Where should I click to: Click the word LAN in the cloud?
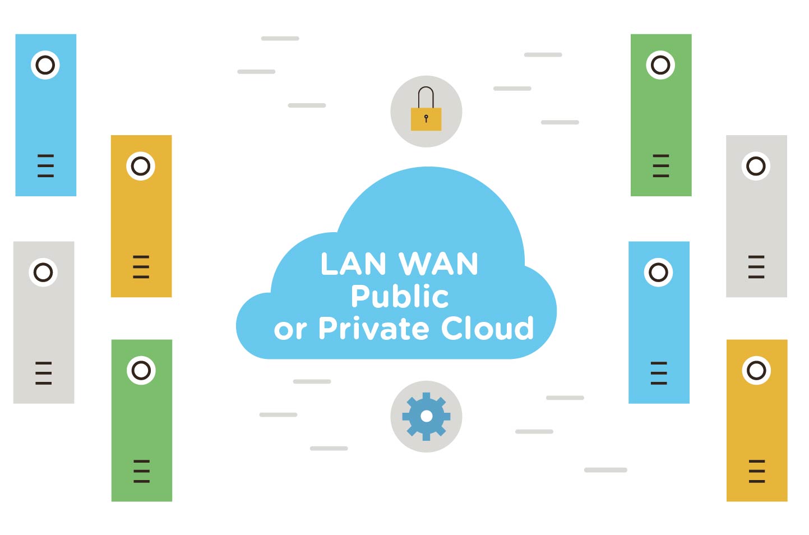tap(353, 264)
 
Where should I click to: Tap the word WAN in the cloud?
tap(438, 264)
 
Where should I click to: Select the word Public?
tap(399, 296)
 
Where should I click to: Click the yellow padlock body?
tap(426, 119)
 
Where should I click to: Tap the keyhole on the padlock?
tap(426, 118)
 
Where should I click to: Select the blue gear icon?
tap(426, 416)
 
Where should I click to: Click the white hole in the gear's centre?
tap(426, 416)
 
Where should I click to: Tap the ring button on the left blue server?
tap(45, 65)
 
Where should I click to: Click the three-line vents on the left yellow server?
tap(141, 266)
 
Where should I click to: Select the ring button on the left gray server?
tap(43, 273)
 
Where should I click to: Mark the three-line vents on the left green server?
tap(141, 471)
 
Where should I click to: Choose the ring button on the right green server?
tap(660, 65)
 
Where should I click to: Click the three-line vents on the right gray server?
tap(756, 266)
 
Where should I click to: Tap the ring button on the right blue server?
tap(658, 273)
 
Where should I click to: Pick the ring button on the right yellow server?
tap(756, 370)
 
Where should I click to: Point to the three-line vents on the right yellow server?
tap(757, 471)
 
